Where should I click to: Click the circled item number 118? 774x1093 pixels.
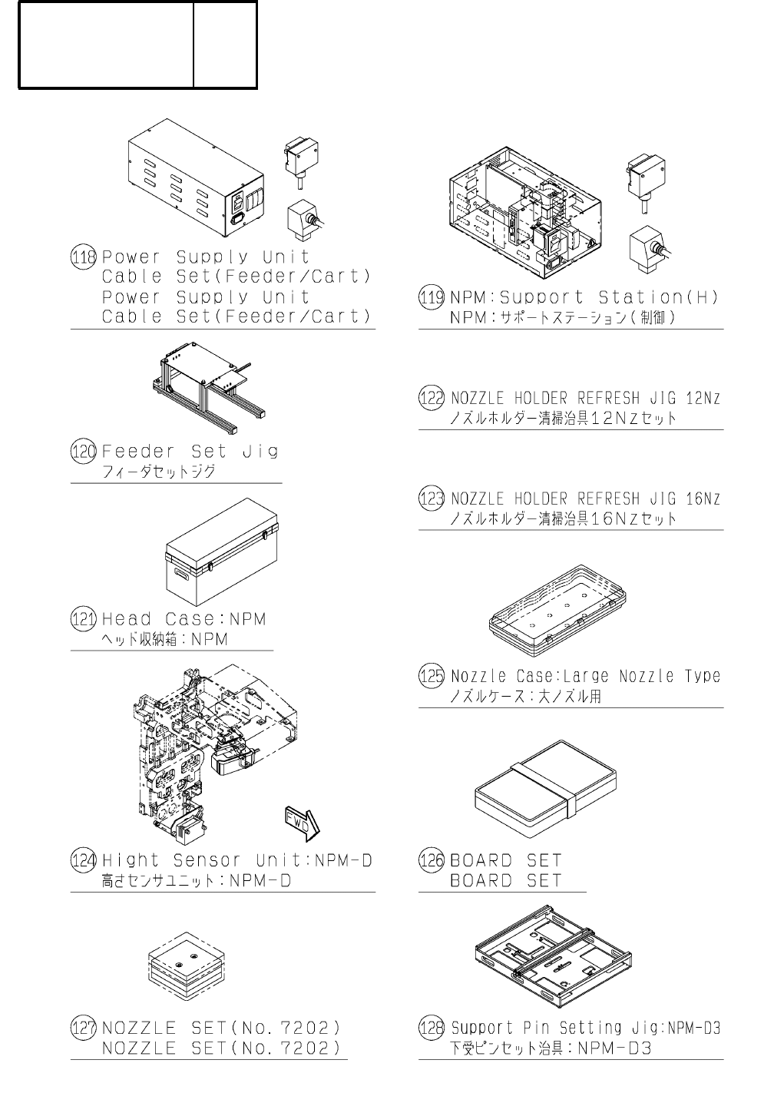click(83, 257)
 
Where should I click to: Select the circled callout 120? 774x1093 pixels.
click(83, 452)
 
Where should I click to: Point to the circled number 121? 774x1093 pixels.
click(83, 619)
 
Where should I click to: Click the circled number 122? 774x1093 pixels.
click(432, 398)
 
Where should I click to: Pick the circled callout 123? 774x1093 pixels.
click(432, 498)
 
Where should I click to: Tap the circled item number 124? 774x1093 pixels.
click(83, 860)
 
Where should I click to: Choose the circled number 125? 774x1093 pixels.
click(432, 676)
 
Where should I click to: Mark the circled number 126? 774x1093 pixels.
click(432, 860)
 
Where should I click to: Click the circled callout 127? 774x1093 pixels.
click(83, 1028)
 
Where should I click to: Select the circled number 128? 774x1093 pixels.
click(432, 1028)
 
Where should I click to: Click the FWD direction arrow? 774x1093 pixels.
click(301, 822)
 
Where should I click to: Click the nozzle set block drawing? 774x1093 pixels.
click(186, 968)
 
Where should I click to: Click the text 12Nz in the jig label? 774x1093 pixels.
click(703, 398)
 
